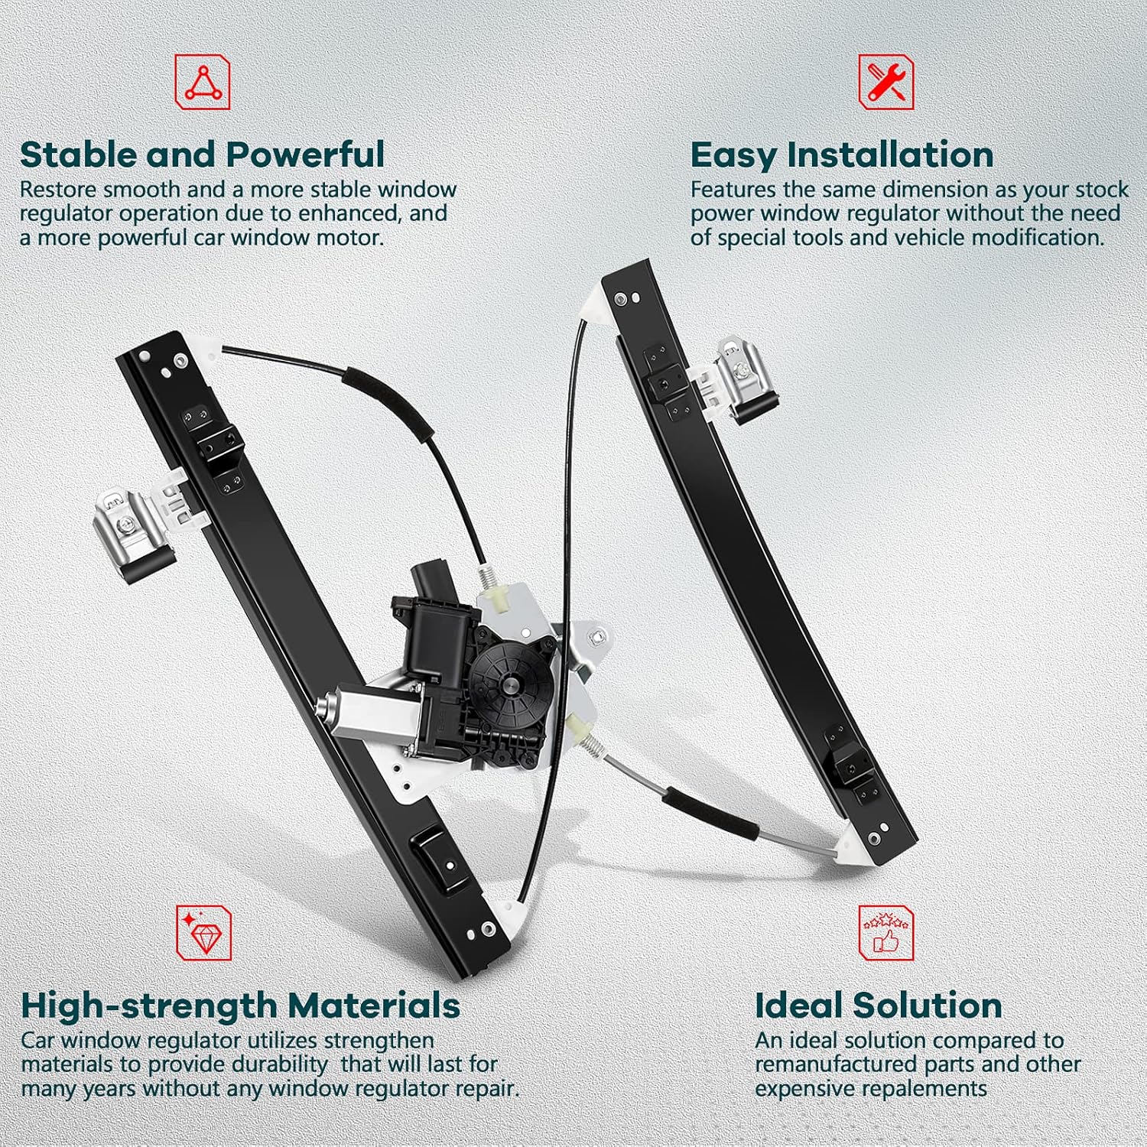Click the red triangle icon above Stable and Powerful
click(x=203, y=82)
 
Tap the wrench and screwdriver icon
click(x=886, y=82)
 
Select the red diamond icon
click(x=204, y=933)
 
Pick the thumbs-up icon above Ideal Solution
click(x=886, y=933)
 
